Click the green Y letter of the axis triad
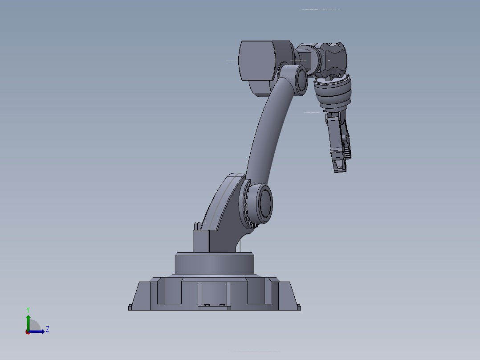28,309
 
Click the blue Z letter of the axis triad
48,329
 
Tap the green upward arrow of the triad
28,320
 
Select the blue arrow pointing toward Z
39,331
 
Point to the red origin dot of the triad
28,332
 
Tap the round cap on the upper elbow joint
301,79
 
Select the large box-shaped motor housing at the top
257,61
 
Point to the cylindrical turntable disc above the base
214,264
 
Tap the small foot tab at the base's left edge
130,307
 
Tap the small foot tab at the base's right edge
299,307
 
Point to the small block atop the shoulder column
195,226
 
